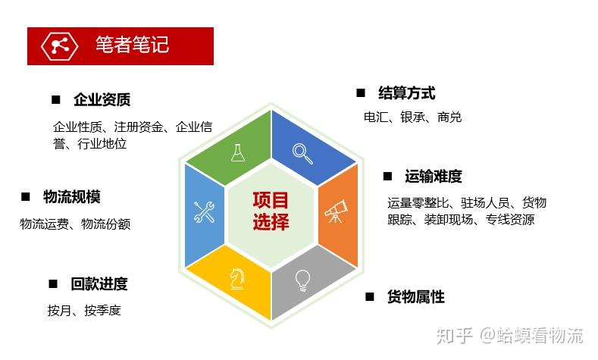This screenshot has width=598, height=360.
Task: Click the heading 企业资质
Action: tap(102, 99)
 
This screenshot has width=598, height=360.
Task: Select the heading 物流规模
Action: tap(71, 197)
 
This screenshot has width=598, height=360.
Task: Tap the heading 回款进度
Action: tap(99, 284)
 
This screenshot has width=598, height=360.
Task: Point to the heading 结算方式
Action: tap(406, 93)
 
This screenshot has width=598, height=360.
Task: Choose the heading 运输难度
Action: tap(433, 177)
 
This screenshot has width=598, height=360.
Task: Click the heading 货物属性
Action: tap(415, 296)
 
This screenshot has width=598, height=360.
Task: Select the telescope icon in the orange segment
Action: tap(336, 210)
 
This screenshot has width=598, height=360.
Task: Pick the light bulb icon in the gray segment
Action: tap(303, 280)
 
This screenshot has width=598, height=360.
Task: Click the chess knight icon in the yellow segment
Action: tap(236, 280)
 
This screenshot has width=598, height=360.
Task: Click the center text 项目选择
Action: tap(271, 211)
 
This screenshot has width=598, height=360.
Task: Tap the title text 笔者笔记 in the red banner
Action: tap(132, 45)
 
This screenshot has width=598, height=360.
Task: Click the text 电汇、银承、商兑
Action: tap(413, 117)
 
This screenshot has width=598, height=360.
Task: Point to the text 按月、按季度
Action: tap(84, 310)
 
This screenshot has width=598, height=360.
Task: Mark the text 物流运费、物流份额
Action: tap(75, 224)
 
